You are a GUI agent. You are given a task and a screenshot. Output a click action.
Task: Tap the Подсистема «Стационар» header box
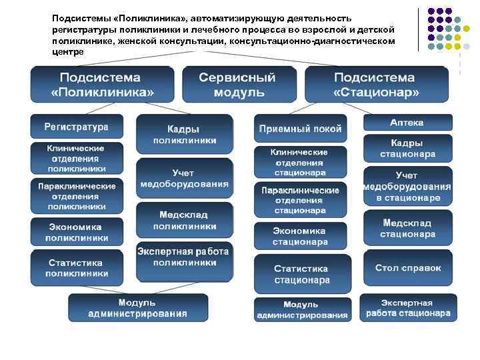click(x=376, y=83)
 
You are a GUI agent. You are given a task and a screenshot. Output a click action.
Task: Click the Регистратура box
click(x=76, y=126)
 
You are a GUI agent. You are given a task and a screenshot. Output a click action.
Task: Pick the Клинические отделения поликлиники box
click(x=76, y=159)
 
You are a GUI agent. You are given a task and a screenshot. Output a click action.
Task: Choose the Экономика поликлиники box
click(x=76, y=232)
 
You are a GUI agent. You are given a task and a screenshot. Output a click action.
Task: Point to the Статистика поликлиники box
click(x=76, y=267)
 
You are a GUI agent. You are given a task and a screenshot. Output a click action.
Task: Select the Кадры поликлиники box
click(x=185, y=134)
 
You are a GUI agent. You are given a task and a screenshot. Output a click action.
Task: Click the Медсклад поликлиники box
click(x=185, y=221)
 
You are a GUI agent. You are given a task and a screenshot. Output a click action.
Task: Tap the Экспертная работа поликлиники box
click(x=185, y=257)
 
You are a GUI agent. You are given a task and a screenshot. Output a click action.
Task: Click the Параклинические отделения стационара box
click(x=300, y=200)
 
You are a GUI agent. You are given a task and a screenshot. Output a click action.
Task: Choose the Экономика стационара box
click(x=300, y=236)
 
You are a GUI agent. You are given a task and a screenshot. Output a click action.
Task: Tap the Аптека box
click(x=407, y=123)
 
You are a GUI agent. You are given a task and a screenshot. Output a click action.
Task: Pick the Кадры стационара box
click(x=407, y=149)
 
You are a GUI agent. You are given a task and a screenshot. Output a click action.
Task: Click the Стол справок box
click(x=407, y=268)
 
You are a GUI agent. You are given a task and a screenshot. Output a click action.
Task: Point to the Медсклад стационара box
click(x=407, y=228)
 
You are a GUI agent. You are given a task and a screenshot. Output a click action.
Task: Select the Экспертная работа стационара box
click(x=407, y=307)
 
